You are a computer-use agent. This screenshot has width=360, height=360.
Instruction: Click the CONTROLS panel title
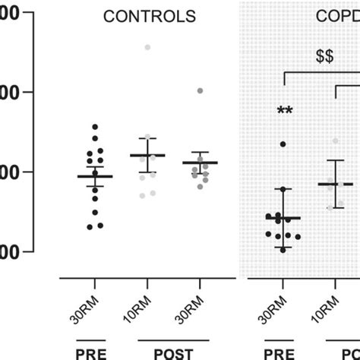(149, 16)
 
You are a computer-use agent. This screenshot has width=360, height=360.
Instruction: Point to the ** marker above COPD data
(285, 112)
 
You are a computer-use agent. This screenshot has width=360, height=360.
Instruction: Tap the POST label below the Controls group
(173, 352)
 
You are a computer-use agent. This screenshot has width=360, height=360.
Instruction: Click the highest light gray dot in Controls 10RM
(147, 47)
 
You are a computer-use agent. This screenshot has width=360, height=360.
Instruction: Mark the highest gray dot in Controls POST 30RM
(201, 90)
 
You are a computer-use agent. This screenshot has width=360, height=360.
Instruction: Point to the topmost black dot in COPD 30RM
(283, 144)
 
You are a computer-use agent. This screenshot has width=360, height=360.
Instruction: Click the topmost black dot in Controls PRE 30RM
(95, 127)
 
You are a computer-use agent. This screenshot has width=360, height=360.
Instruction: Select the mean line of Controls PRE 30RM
(95, 176)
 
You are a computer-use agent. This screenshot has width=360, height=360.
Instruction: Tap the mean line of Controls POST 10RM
(147, 155)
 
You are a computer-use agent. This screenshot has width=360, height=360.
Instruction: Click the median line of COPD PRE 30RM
(283, 218)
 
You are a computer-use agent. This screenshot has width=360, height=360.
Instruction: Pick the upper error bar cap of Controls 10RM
(147, 138)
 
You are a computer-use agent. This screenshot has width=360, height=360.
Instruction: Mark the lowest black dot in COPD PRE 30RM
(283, 249)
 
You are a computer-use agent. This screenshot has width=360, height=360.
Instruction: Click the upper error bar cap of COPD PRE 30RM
(283, 188)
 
